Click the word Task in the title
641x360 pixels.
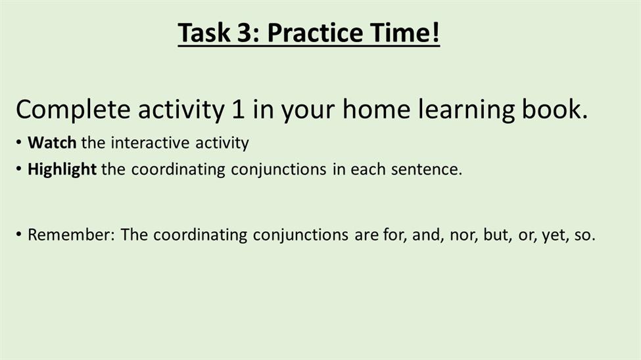[x=204, y=32]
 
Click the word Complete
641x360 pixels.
[x=73, y=110]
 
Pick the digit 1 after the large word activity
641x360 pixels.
[x=238, y=109]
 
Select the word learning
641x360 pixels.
[x=465, y=110]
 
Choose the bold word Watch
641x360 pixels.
[x=52, y=143]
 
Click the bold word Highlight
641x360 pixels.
[x=62, y=169]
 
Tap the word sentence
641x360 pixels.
[x=427, y=169]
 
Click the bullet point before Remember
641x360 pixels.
[x=19, y=235]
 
